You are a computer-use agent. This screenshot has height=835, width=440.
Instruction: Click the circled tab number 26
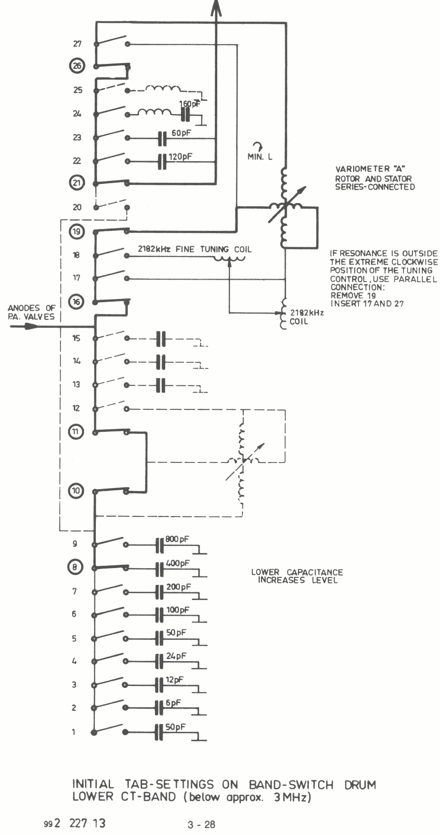78,66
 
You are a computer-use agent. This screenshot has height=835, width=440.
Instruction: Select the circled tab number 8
75,567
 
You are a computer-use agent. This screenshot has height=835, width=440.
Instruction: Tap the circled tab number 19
77,231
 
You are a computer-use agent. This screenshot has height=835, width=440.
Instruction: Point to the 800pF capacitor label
177,539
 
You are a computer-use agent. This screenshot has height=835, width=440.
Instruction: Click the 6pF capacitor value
173,703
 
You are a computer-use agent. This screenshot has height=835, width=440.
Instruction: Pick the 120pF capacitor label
180,157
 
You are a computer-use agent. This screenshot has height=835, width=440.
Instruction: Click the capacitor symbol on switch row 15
161,339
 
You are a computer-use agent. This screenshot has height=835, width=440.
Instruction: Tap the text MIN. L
260,157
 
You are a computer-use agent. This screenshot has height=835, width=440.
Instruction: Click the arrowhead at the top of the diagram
216,7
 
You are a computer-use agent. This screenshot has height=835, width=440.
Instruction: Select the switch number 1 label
74,732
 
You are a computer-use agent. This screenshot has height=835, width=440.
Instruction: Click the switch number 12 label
76,408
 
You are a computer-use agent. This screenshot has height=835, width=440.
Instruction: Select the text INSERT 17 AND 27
367,303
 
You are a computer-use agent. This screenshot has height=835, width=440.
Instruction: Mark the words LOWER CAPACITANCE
297,572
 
